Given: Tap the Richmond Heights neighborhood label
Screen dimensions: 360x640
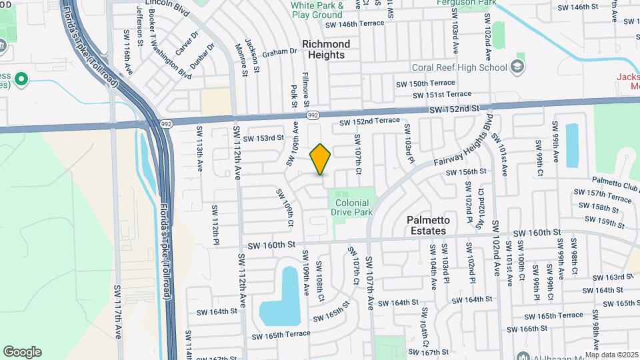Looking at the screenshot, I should click(x=326, y=49).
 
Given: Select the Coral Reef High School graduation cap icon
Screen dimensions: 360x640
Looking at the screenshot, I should click(x=517, y=67).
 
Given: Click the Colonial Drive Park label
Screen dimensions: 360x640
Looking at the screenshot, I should click(x=351, y=207).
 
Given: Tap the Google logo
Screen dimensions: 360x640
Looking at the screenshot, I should click(x=22, y=351).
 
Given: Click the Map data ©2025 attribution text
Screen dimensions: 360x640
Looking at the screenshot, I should click(x=611, y=355).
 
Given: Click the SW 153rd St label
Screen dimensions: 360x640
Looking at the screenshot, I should click(x=263, y=139).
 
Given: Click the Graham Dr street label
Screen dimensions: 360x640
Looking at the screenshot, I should click(x=279, y=51).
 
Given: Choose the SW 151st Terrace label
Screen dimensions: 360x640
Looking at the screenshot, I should click(x=443, y=94).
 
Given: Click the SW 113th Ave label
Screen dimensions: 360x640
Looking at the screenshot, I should click(x=199, y=153).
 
